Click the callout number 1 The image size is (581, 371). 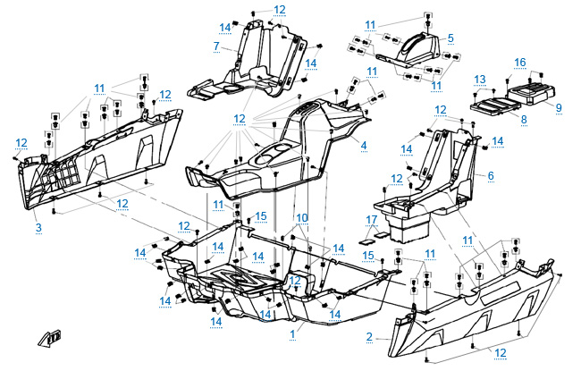[x=291, y=332]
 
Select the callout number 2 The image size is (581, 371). [x=369, y=337]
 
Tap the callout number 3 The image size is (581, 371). [x=38, y=229]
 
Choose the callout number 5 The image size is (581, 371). [x=450, y=38]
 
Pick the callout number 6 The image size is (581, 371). [x=490, y=175]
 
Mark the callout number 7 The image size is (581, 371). [x=216, y=46]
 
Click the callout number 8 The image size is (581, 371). [x=524, y=117]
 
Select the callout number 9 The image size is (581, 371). [x=558, y=107]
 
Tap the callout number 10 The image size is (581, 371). [x=302, y=217]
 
